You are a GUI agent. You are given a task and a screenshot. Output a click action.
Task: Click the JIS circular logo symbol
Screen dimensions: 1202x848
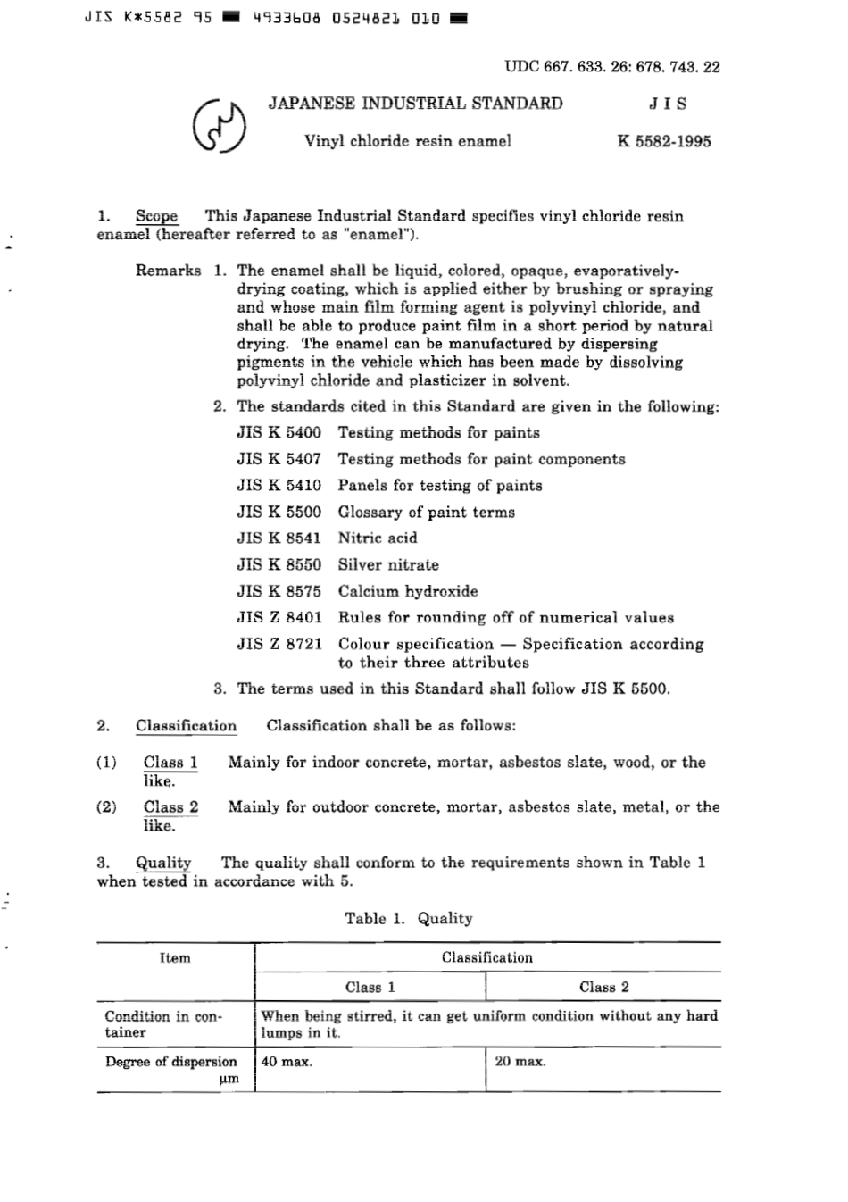[x=220, y=126]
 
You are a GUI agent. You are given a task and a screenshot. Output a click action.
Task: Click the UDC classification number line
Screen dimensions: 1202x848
[x=611, y=66]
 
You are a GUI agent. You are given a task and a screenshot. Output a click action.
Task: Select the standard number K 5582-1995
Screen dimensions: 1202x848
[x=663, y=141]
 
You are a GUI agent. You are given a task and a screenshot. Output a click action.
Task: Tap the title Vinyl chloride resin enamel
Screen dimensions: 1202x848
[x=408, y=141]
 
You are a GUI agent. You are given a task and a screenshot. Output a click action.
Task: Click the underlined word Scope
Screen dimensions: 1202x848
[x=156, y=216]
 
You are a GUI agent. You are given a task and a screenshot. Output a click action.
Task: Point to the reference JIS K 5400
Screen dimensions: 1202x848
[x=279, y=433]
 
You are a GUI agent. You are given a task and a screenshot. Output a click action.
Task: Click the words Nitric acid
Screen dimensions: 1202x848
[x=377, y=538]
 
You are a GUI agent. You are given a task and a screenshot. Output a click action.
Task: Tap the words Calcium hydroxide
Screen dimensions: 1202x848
[x=407, y=591]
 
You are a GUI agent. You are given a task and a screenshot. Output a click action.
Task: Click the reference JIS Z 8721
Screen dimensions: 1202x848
[x=279, y=644]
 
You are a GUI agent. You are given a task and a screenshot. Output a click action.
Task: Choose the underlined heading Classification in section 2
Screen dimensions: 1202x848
[x=186, y=726]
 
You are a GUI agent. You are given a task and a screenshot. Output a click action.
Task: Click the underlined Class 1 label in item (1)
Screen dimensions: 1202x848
[x=170, y=763]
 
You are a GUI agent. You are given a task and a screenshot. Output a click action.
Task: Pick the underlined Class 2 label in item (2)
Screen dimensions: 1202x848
[x=170, y=807]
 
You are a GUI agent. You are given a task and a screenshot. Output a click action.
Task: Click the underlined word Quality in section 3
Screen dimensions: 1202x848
[x=163, y=863]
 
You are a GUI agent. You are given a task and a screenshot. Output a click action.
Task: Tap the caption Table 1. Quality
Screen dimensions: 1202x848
[x=409, y=919]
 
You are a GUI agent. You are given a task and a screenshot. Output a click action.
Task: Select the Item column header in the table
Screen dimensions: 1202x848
[x=175, y=958]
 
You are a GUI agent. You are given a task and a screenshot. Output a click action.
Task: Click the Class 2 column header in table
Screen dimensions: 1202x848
[x=603, y=988]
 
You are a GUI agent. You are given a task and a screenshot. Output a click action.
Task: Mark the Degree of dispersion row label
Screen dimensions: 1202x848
[x=171, y=1063]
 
